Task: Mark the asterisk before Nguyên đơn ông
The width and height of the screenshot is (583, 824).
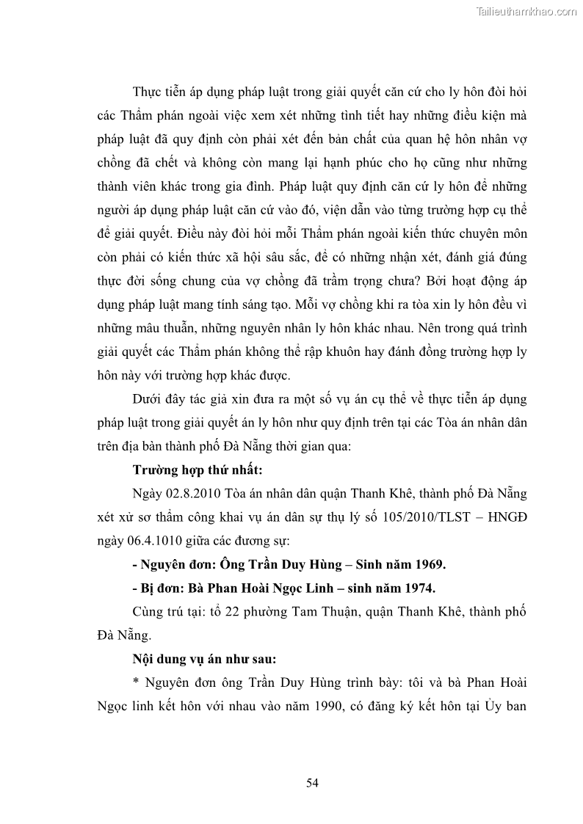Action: pyautogui.click(x=136, y=683)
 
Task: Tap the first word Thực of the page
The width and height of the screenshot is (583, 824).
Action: pyautogui.click(x=148, y=92)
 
